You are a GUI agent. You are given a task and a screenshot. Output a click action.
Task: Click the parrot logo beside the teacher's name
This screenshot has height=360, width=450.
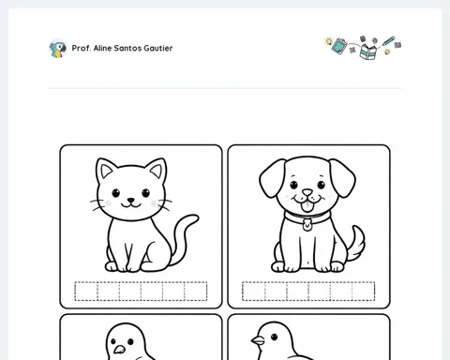58,49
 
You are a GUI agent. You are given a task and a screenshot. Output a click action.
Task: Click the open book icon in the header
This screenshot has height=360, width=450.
368,52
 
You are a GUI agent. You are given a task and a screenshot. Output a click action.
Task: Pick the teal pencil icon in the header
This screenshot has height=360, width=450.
388,41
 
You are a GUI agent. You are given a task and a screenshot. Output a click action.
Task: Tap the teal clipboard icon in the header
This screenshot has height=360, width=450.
339,46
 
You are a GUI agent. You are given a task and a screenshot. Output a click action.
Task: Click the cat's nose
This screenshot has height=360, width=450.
130,200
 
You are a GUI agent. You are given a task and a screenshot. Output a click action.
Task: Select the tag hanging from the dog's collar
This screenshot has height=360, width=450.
307,225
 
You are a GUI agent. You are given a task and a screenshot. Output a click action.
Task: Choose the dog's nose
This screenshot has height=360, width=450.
307,192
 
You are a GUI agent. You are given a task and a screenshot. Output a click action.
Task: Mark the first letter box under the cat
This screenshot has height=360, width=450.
86,292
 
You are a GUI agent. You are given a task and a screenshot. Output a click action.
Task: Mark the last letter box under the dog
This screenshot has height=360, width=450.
364,292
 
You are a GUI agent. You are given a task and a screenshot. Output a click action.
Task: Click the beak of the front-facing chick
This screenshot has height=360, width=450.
119,350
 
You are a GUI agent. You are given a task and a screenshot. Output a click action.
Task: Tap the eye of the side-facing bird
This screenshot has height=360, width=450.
274,337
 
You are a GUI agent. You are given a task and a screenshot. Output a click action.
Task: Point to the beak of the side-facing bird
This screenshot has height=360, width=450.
258,340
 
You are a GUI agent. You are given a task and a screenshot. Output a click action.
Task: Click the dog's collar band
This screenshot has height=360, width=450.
307,217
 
